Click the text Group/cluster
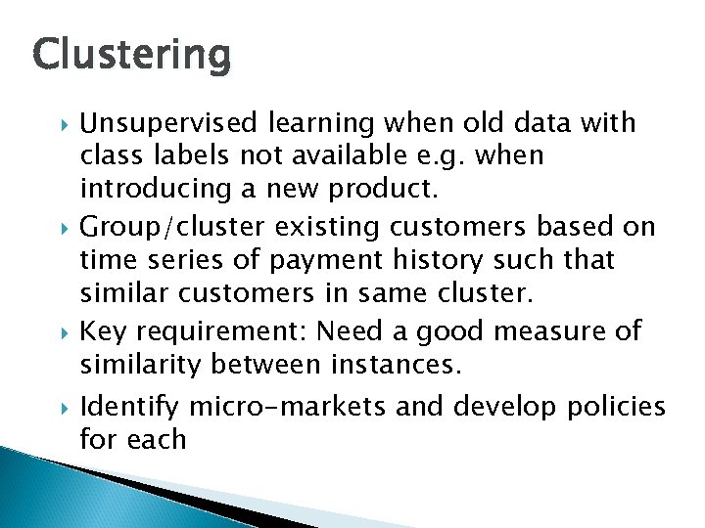pyautogui.click(x=171, y=228)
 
